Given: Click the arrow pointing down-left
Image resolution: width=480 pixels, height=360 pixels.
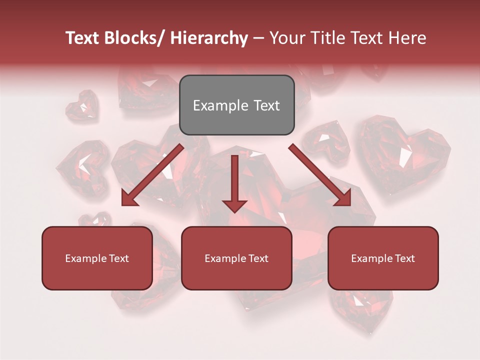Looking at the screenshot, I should (x=152, y=175).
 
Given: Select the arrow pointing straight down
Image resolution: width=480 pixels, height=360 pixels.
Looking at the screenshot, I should (x=234, y=182).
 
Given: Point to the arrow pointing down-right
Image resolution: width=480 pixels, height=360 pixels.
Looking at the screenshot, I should (x=320, y=175).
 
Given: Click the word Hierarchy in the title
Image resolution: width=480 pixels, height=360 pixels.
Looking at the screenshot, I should (x=209, y=38).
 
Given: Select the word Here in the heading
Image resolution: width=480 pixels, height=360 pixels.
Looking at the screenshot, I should (x=407, y=38).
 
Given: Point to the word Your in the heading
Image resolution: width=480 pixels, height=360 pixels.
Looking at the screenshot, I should (x=286, y=38).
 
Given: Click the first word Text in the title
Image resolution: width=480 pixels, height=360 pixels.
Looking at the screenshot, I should (x=83, y=38).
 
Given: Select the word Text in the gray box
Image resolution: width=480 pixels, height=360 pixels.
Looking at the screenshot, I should (x=266, y=105).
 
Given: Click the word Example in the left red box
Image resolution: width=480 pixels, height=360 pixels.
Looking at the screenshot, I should (x=86, y=258).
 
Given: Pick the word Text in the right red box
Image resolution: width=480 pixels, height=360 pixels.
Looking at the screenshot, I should (x=404, y=258).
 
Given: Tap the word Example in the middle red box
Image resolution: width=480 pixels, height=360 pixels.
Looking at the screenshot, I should (x=225, y=258).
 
